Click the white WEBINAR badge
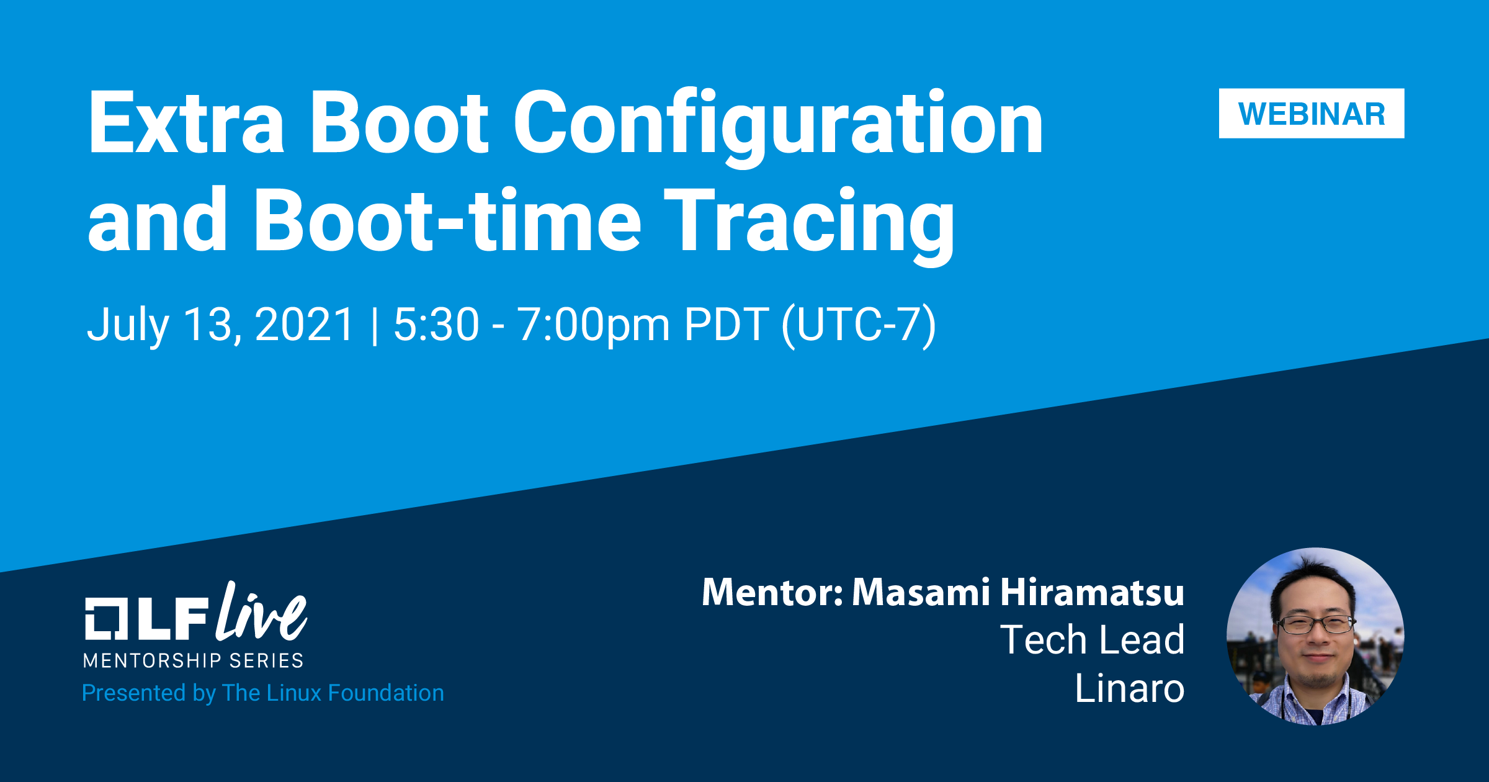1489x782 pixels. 1312,114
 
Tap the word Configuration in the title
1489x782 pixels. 779,128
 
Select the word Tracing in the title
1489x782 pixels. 810,225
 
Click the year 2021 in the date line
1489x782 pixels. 304,324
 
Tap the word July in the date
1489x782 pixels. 128,326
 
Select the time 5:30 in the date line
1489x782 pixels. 437,324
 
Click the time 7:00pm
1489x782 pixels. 594,326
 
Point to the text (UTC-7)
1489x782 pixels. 859,326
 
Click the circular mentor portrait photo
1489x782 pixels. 1315,636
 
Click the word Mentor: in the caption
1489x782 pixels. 772,592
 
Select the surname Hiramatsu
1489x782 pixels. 1093,592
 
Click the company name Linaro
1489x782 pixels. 1130,688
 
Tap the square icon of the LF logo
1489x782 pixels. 106,618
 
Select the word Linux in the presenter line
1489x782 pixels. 290,693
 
